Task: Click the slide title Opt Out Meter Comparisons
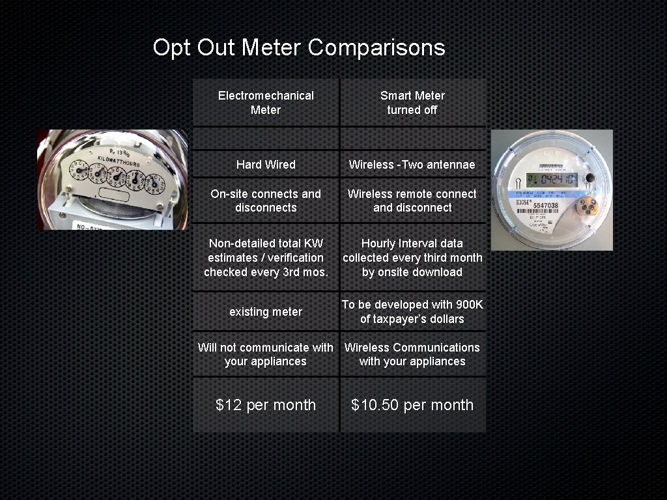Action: pyautogui.click(x=299, y=48)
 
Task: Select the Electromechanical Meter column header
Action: pyautogui.click(x=266, y=103)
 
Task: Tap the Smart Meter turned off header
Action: pyautogui.click(x=412, y=103)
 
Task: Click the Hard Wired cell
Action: pyautogui.click(x=266, y=165)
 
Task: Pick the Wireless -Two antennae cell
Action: pyautogui.click(x=412, y=165)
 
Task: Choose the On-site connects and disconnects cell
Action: pyautogui.click(x=266, y=201)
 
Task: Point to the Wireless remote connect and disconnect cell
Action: pyautogui.click(x=412, y=201)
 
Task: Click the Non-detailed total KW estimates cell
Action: pyautogui.click(x=266, y=258)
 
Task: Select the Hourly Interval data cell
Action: pyautogui.click(x=412, y=258)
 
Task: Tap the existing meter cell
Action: pyautogui.click(x=266, y=312)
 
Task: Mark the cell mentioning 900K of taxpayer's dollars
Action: pyautogui.click(x=412, y=312)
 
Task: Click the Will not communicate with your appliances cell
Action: pyautogui.click(x=266, y=354)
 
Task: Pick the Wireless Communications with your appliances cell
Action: pyautogui.click(x=412, y=354)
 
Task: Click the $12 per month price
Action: pyautogui.click(x=266, y=405)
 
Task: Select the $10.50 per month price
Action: pyautogui.click(x=412, y=405)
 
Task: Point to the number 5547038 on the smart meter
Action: pyautogui.click(x=545, y=205)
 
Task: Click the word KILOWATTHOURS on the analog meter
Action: pyautogui.click(x=119, y=160)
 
